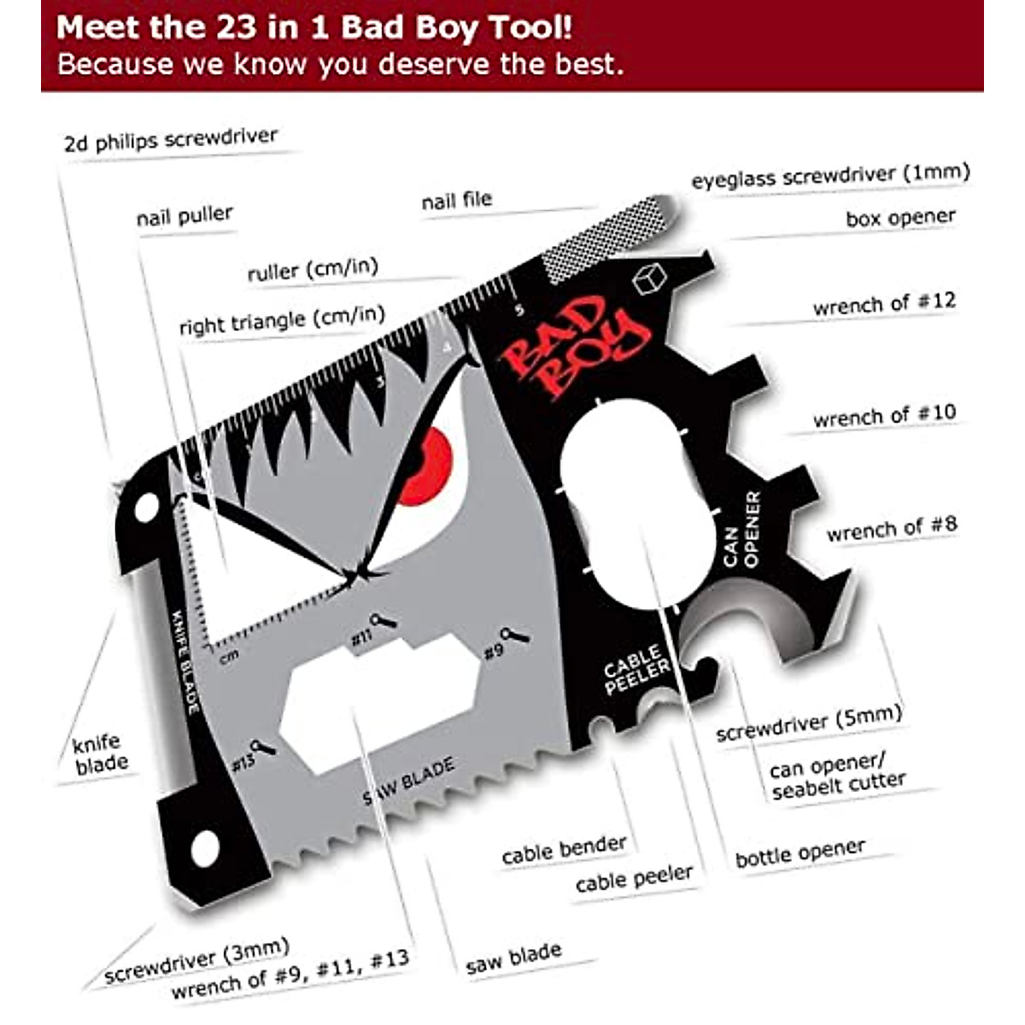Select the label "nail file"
coord(457,201)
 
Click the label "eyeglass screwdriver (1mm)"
coord(830,176)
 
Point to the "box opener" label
coord(900,218)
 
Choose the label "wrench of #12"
coord(884,303)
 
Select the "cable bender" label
coord(564,850)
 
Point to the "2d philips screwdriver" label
coord(171,139)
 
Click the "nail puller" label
coord(184,216)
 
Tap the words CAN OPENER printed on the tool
coord(741,529)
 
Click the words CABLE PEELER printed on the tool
coord(635,671)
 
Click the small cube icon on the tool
coord(649,279)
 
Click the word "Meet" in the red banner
coord(97,28)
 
